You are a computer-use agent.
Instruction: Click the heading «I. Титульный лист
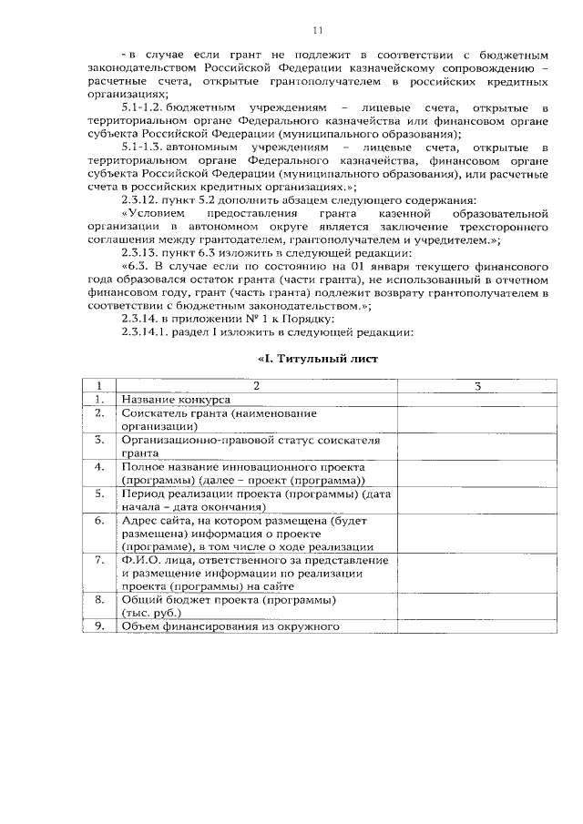[316, 360]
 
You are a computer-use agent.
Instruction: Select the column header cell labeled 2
[256, 386]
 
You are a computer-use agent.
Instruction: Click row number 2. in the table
[99, 413]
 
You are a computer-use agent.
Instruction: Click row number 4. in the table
[99, 467]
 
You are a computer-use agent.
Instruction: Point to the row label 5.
[99, 493]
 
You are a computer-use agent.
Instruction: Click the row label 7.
[99, 560]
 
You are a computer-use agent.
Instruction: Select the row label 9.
[99, 626]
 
